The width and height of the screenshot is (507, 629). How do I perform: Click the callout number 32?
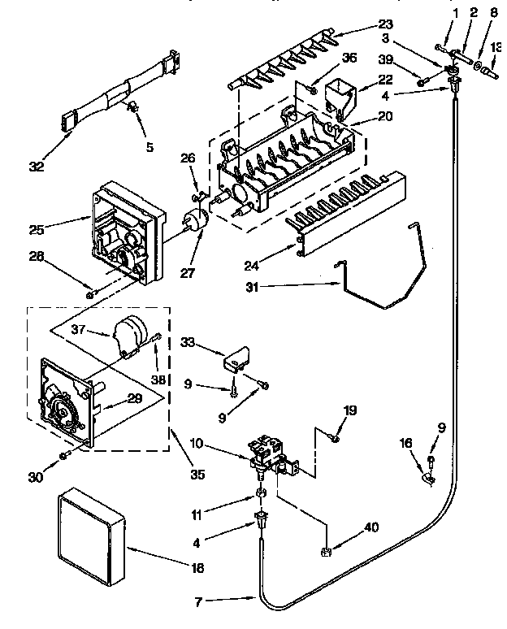37,168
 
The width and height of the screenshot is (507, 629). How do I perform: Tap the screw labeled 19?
335,439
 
